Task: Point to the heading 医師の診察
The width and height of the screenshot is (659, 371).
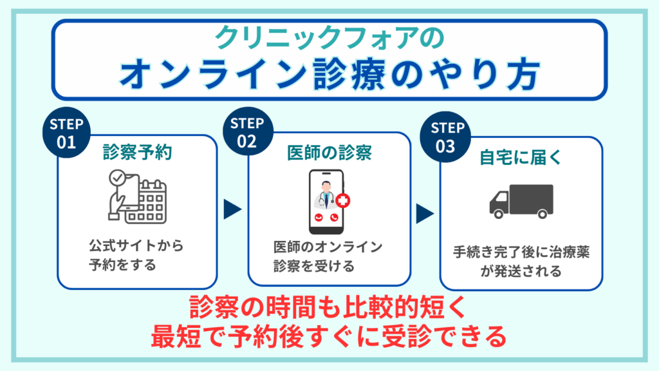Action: pos(329,153)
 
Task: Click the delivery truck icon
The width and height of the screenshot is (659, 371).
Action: pos(521,200)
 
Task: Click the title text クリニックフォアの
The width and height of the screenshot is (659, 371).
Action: pos(329,37)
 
